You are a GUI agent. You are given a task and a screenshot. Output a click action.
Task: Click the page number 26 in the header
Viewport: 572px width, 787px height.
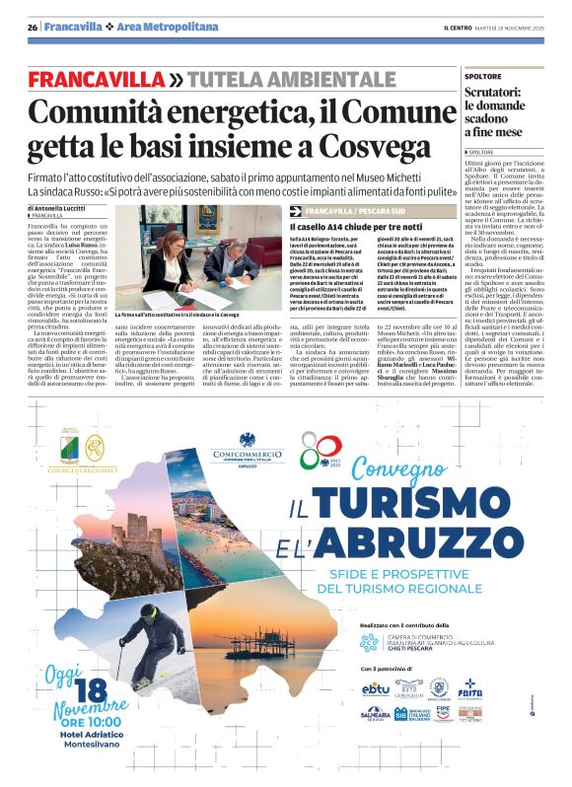(33, 27)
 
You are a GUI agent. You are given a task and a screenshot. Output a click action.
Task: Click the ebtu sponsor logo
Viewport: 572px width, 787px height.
(376, 688)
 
